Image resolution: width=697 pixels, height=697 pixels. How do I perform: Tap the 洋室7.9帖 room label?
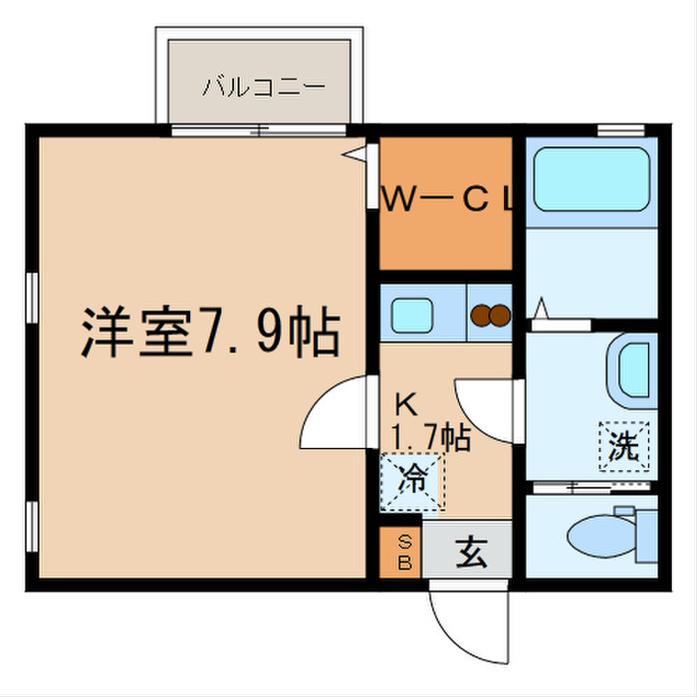(x=210, y=335)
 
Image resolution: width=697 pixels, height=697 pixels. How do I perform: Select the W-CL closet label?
(x=448, y=200)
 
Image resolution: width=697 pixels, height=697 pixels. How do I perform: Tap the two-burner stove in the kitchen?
(x=490, y=316)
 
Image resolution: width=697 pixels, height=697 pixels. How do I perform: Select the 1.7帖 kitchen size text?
(x=430, y=436)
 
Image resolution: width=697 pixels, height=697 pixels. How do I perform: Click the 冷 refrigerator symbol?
(x=412, y=481)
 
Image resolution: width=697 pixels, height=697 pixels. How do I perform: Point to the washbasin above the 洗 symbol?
(x=633, y=369)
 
